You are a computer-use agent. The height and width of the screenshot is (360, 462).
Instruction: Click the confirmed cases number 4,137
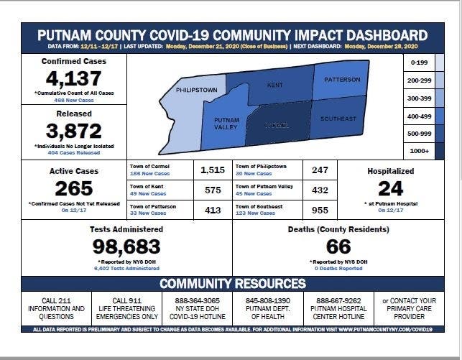pyautogui.click(x=74, y=79)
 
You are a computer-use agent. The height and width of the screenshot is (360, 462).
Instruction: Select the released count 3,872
pyautogui.click(x=74, y=131)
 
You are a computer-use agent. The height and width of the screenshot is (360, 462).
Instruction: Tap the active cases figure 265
pyautogui.click(x=74, y=188)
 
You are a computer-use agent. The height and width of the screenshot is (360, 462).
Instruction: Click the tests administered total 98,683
pyautogui.click(x=126, y=246)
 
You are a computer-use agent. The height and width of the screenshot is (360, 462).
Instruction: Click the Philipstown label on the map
pyautogui.click(x=196, y=90)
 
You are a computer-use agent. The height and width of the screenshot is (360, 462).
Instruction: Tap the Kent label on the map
pyautogui.click(x=275, y=85)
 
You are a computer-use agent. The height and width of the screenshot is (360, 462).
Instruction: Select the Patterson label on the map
pyautogui.click(x=341, y=80)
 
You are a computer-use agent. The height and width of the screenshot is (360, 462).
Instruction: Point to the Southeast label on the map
pyautogui.click(x=338, y=119)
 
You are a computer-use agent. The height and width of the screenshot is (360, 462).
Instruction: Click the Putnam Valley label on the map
pyautogui.click(x=226, y=123)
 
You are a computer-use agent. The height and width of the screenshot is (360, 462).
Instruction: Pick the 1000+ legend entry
pyautogui.click(x=417, y=152)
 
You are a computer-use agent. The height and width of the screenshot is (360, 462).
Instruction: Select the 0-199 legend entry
pyautogui.click(x=417, y=63)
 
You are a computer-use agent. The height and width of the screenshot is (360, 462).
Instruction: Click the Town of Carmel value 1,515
pyautogui.click(x=213, y=170)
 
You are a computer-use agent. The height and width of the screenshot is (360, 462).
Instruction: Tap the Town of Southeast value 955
pyautogui.click(x=320, y=210)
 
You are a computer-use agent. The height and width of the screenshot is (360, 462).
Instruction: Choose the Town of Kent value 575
pyautogui.click(x=213, y=190)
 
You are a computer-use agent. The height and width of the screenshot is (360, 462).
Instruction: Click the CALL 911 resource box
pyautogui.click(x=129, y=308)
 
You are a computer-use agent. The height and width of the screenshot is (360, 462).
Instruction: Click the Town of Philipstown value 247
pyautogui.click(x=320, y=170)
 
